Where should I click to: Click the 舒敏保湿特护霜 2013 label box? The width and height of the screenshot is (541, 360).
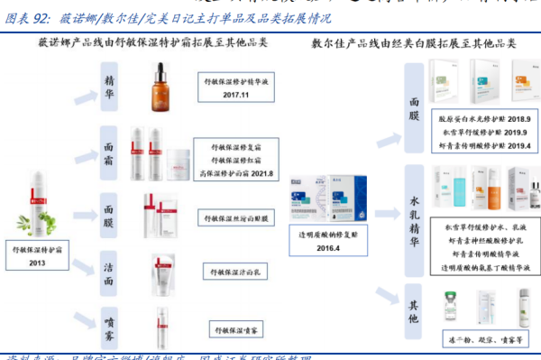pyautogui.click(x=39, y=254)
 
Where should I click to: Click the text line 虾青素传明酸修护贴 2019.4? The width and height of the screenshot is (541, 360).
pyautogui.click(x=483, y=144)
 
